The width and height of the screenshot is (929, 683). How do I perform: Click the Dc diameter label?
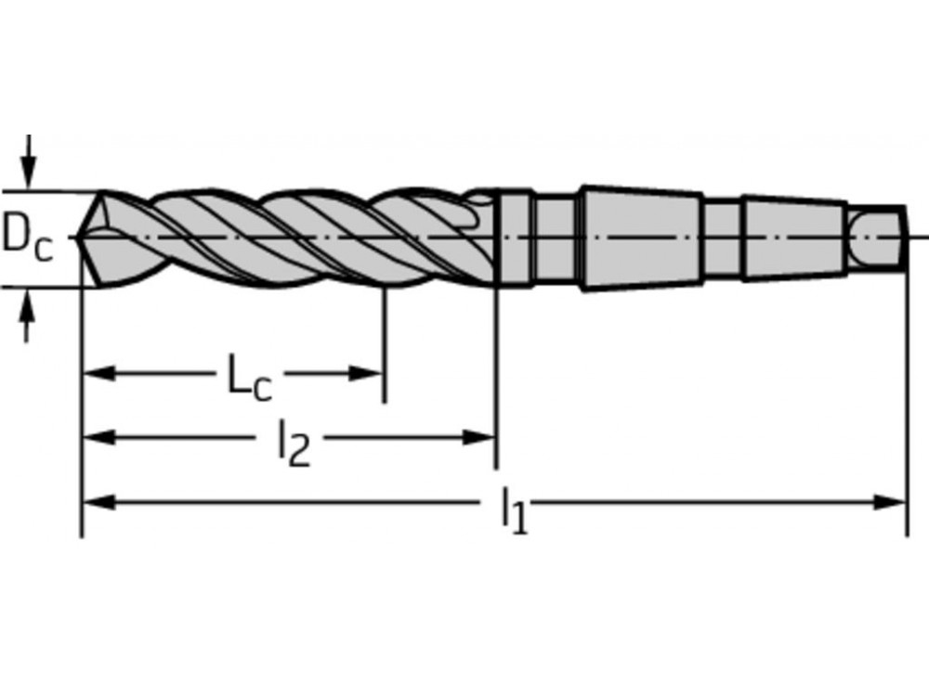pyautogui.click(x=27, y=238)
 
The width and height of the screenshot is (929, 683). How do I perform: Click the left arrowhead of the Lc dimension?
pyautogui.click(x=98, y=374)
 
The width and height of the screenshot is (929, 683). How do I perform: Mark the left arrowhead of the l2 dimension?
pyautogui.click(x=98, y=437)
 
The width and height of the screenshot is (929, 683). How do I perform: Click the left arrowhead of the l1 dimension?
pyautogui.click(x=98, y=502)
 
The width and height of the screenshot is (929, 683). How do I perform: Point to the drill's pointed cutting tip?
pyautogui.click(x=85, y=238)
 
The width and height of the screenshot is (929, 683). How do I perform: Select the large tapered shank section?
pyautogui.click(x=641, y=238)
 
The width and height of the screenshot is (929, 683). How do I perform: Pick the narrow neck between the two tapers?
pyautogui.click(x=721, y=238)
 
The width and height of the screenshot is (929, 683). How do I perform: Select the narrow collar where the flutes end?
pyautogui.click(x=517, y=238)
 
